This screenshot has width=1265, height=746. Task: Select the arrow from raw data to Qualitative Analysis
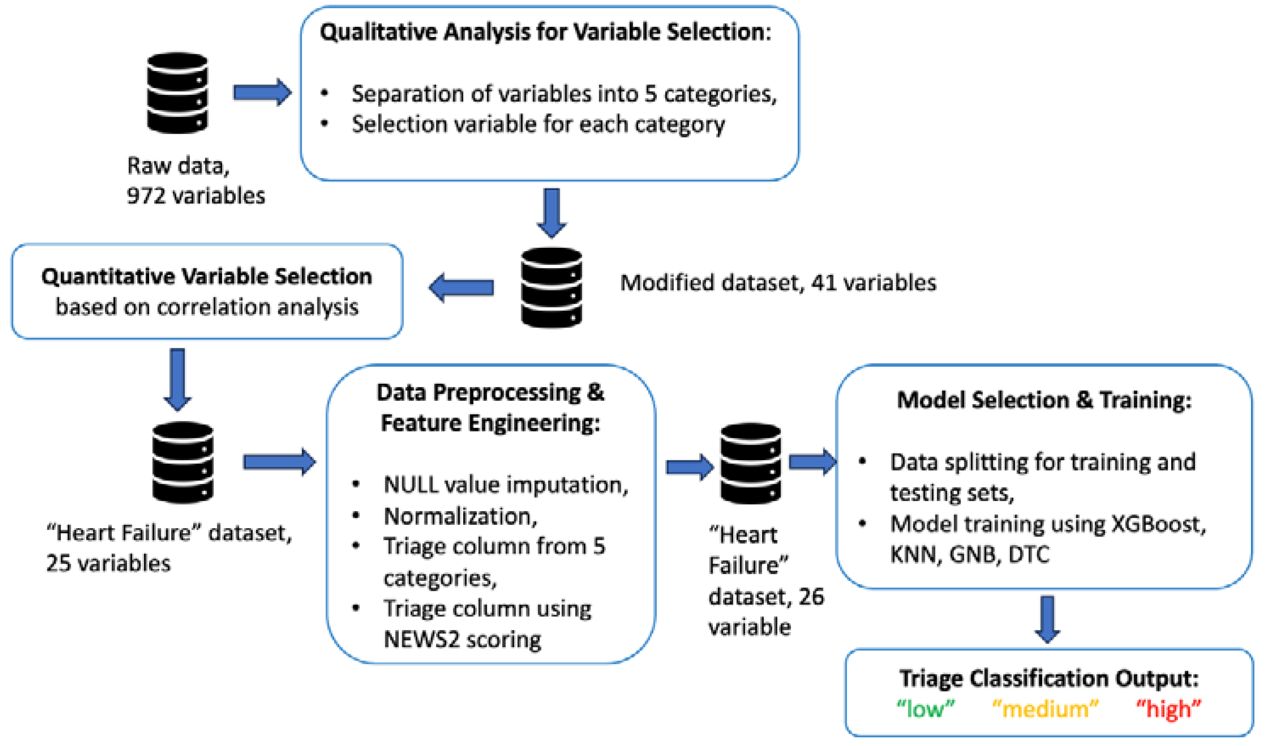tap(262, 92)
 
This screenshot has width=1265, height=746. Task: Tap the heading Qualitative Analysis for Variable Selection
tap(545, 33)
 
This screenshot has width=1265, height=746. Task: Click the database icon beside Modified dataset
tap(551, 288)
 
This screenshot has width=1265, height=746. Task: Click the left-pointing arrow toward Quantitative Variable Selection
tap(461, 288)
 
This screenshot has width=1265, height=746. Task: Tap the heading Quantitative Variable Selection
tap(206, 277)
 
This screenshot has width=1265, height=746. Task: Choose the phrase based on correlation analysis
tap(206, 307)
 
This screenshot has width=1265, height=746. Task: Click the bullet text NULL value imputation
tap(505, 485)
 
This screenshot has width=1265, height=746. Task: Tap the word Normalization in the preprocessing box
tap(460, 516)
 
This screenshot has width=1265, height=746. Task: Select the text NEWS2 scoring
tap(463, 640)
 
